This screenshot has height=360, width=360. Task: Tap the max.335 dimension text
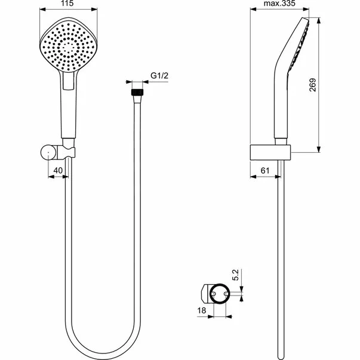[281, 4]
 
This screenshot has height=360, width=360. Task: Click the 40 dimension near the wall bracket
[58, 170]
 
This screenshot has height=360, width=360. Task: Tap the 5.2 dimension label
[237, 276]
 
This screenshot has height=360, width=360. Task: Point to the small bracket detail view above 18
[216, 293]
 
